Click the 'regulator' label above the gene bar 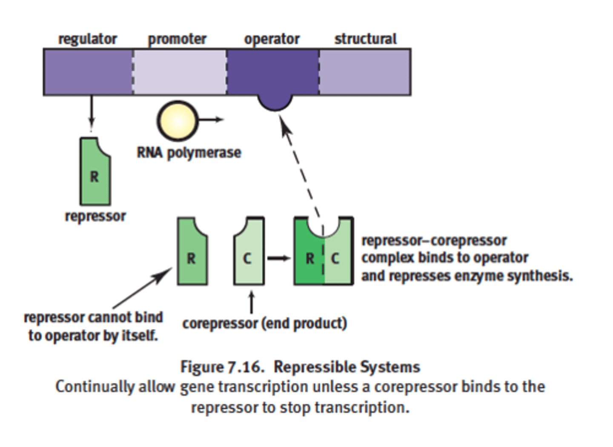[87, 39]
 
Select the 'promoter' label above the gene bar [177, 39]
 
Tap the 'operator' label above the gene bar [272, 39]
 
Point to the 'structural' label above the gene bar [365, 39]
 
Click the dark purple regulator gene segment [88, 71]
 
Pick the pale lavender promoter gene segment [180, 71]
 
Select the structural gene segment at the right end [365, 71]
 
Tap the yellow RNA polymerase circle [178, 121]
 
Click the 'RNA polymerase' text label [189, 152]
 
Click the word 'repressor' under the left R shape [95, 216]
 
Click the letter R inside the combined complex [310, 258]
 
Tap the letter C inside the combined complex [335, 258]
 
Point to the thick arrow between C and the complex [278, 258]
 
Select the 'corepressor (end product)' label [264, 324]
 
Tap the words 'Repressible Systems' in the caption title [347, 367]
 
